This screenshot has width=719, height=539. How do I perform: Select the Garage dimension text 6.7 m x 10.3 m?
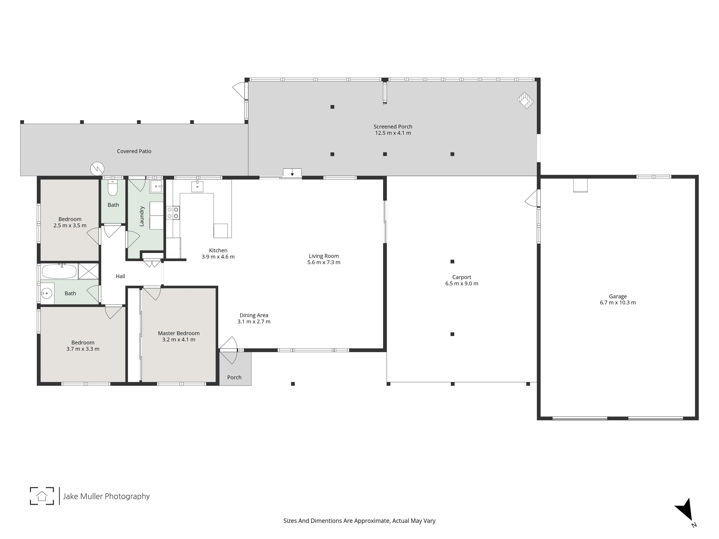click(618, 303)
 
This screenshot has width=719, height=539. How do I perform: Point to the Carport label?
click(462, 277)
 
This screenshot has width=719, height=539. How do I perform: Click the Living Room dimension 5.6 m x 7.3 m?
click(324, 262)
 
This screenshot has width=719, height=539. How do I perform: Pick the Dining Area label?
click(254, 315)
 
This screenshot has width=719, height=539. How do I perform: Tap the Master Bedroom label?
click(179, 333)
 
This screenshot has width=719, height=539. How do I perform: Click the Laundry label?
click(142, 216)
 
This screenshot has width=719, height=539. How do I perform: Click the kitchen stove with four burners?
click(173, 213)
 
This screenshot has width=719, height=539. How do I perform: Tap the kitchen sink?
click(197, 187)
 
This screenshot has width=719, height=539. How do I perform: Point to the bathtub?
click(59, 271)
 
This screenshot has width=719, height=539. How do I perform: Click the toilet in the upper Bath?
click(113, 188)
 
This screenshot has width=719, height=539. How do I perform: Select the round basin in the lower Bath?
click(47, 293)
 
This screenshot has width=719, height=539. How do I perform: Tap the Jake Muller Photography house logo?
click(42, 496)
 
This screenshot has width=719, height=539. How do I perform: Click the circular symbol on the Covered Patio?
click(97, 169)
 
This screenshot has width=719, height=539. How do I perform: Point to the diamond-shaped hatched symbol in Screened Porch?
click(526, 100)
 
